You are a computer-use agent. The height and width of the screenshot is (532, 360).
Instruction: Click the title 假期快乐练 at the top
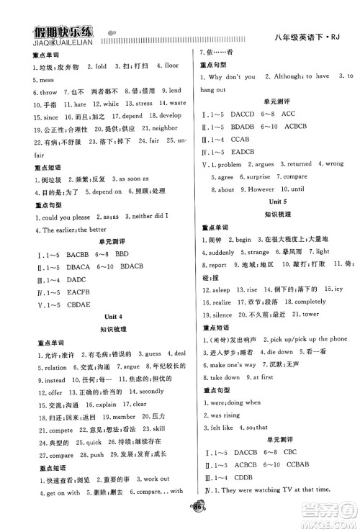click(62, 32)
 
